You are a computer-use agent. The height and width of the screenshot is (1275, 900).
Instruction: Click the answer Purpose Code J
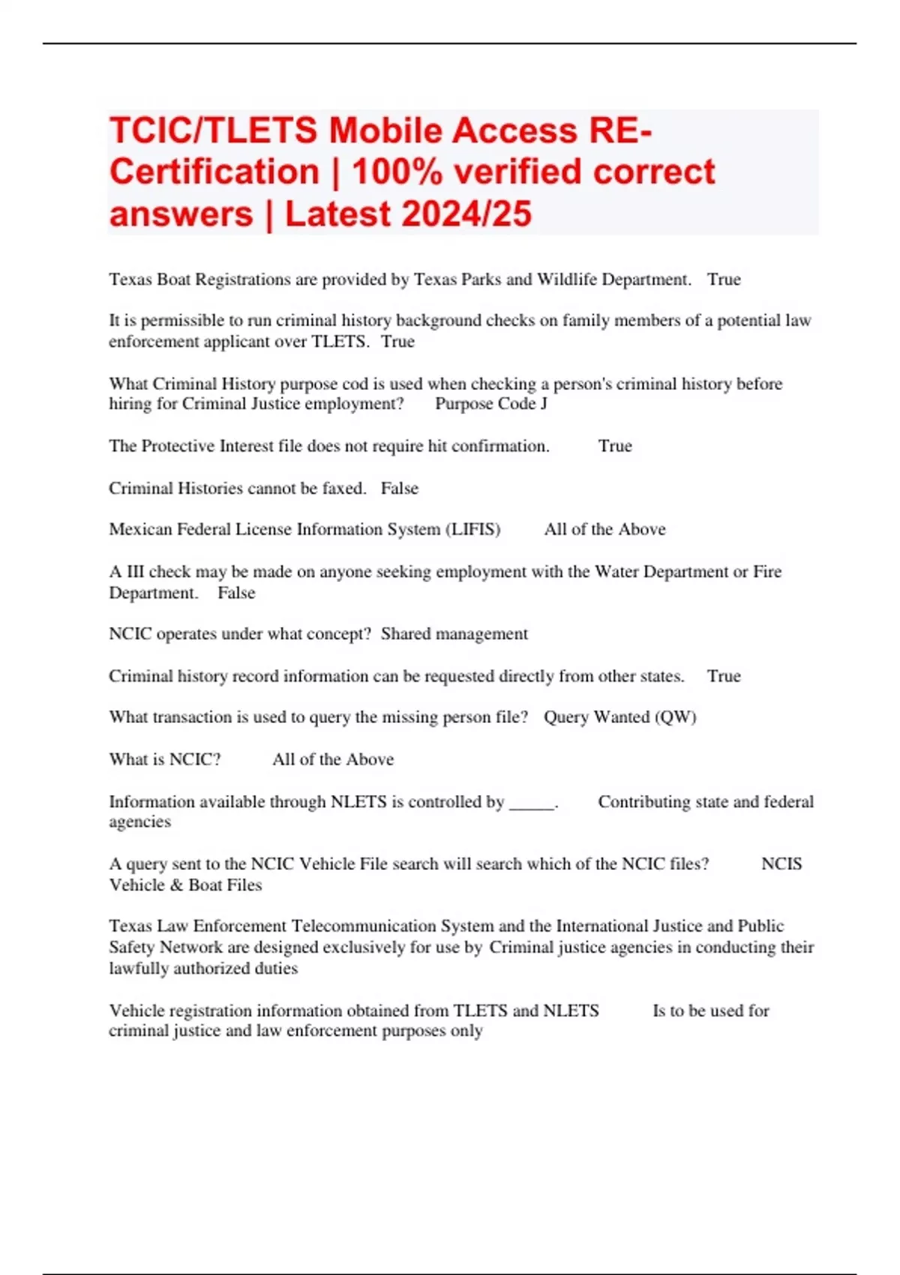pyautogui.click(x=491, y=403)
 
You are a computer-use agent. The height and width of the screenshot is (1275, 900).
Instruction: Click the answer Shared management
pyautogui.click(x=454, y=634)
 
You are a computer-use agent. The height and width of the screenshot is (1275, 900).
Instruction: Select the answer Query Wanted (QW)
pyautogui.click(x=620, y=717)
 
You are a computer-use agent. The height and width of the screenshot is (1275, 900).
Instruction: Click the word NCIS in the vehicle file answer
pyautogui.click(x=781, y=864)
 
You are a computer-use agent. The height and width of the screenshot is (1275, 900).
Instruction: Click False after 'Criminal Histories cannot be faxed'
pyautogui.click(x=400, y=488)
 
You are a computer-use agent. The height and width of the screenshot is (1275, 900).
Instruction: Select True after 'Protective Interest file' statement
pyautogui.click(x=615, y=446)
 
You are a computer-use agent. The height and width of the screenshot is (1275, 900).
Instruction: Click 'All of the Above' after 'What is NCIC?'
pyautogui.click(x=333, y=760)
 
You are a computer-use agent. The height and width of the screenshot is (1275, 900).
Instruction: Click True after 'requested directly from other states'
pyautogui.click(x=724, y=676)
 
